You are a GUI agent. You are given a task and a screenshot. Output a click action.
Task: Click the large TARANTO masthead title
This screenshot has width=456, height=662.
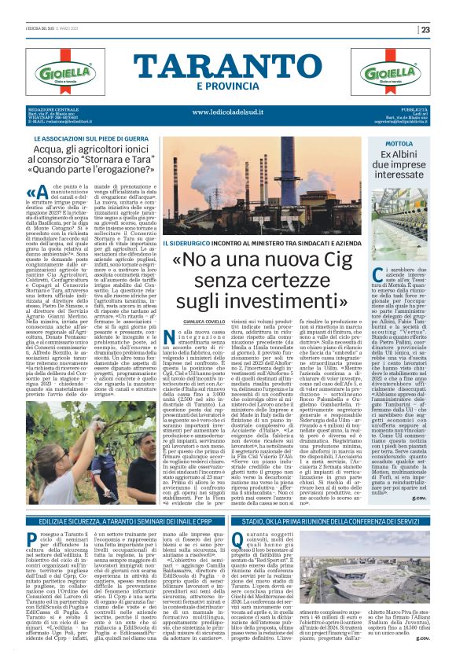coord(227,65)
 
